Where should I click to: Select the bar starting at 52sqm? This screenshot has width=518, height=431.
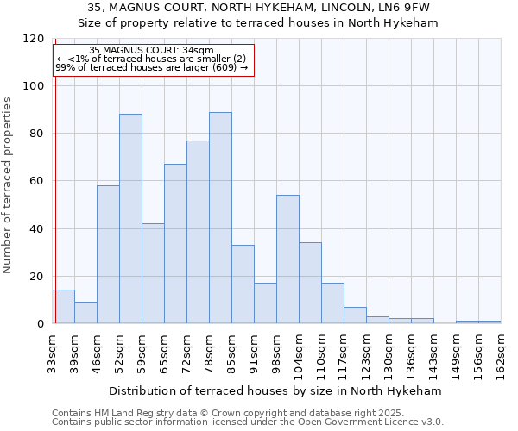click(x=130, y=219)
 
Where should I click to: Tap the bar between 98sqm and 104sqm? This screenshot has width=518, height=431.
click(x=287, y=259)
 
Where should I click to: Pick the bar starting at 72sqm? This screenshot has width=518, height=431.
click(x=198, y=232)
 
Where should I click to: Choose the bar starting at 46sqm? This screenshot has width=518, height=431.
click(x=108, y=254)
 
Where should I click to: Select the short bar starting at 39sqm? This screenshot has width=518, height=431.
click(x=85, y=313)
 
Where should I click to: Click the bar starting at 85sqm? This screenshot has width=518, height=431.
click(x=243, y=284)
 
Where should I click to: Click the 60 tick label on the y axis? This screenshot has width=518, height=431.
click(x=37, y=181)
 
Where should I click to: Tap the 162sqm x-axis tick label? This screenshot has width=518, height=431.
click(x=501, y=353)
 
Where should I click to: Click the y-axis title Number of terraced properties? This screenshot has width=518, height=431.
click(x=8, y=185)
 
